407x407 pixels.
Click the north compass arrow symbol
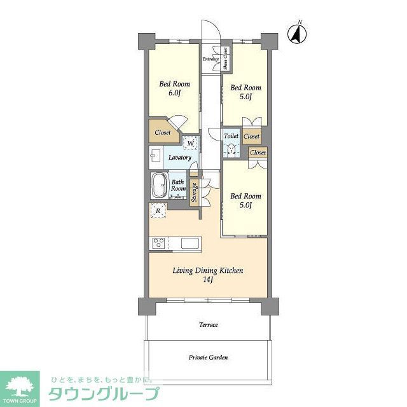tap(296, 33)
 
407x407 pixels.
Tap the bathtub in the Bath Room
tap(159, 186)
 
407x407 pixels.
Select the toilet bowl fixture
tap(231, 151)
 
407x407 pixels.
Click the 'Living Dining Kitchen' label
tap(208, 270)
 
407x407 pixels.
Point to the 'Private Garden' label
tap(208, 357)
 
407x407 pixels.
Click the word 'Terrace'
tap(208, 325)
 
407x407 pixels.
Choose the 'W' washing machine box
tap(190, 143)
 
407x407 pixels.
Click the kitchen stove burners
tap(158, 243)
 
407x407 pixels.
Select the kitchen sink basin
tap(190, 243)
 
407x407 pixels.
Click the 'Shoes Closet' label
tap(226, 59)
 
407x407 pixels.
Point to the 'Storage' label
tap(195, 193)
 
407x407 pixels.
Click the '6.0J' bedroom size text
tap(175, 93)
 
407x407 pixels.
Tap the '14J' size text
tap(208, 280)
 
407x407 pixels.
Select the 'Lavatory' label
tap(180, 157)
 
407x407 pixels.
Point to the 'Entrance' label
tap(211, 59)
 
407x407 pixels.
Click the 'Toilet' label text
tap(231, 136)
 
